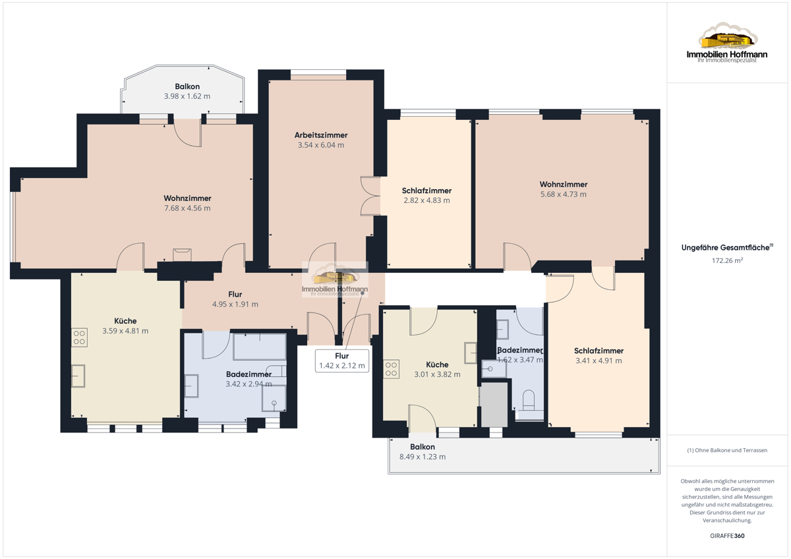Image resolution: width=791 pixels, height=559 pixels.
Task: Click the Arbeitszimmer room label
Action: pyautogui.click(x=321, y=135)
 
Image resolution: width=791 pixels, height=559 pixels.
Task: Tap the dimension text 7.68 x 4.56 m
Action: pyautogui.click(x=187, y=208)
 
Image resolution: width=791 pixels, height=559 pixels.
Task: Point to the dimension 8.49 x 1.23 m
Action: pyautogui.click(x=423, y=457)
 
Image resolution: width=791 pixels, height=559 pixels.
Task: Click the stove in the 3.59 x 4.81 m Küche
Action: pyautogui.click(x=80, y=338)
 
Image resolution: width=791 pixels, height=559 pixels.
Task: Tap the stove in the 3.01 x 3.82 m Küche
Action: pyautogui.click(x=392, y=369)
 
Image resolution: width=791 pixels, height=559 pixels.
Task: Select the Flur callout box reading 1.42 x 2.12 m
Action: pyautogui.click(x=342, y=361)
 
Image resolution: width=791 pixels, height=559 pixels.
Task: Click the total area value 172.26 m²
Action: pyautogui.click(x=727, y=260)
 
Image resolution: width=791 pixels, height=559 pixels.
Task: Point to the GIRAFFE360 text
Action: pyautogui.click(x=727, y=536)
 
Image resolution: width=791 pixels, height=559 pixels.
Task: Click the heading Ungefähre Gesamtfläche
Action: pyautogui.click(x=725, y=248)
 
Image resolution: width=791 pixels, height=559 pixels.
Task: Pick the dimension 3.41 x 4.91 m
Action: pyautogui.click(x=599, y=361)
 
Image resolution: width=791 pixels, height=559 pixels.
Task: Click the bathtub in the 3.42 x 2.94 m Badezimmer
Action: pyautogui.click(x=260, y=346)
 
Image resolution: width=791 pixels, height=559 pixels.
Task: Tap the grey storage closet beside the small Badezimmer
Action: pyautogui.click(x=494, y=405)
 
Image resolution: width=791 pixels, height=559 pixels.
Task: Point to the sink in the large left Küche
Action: pyautogui.click(x=78, y=376)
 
